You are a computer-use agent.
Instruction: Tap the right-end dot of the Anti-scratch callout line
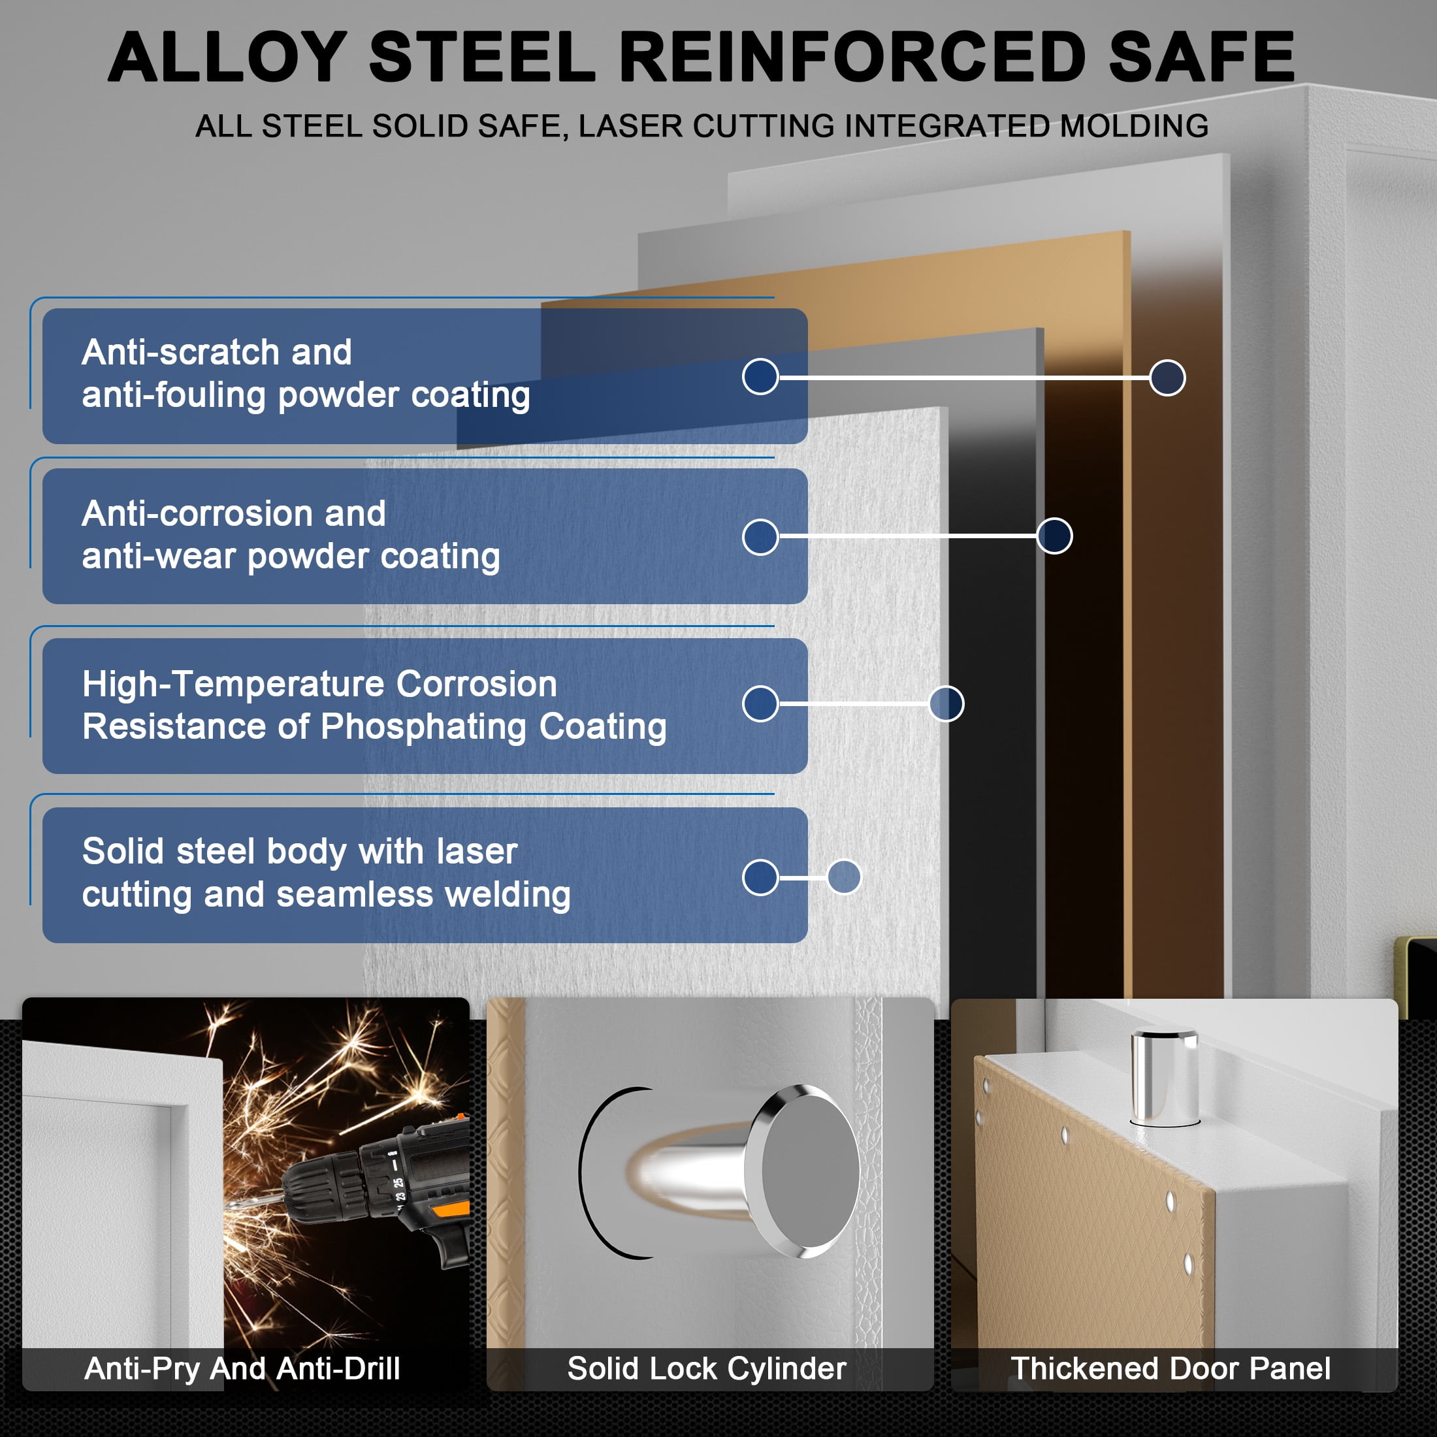point(1167,378)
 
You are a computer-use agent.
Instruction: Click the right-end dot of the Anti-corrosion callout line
point(1054,536)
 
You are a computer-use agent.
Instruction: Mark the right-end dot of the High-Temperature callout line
point(946,703)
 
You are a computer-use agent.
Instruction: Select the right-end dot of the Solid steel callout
point(844,877)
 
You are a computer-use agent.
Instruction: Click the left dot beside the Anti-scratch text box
point(760,376)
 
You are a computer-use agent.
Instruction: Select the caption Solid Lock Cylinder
point(707,1368)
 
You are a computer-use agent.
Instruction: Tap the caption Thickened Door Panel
point(1171,1368)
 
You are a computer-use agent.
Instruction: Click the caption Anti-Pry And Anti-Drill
point(242,1368)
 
